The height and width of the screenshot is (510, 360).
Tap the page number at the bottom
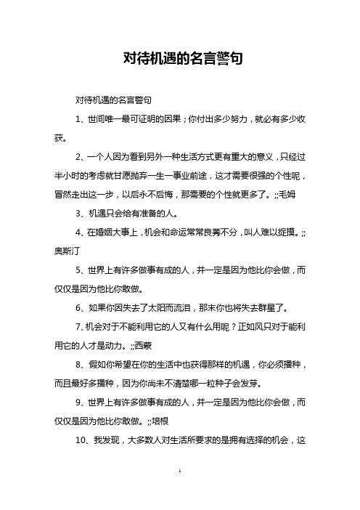[180, 493]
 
